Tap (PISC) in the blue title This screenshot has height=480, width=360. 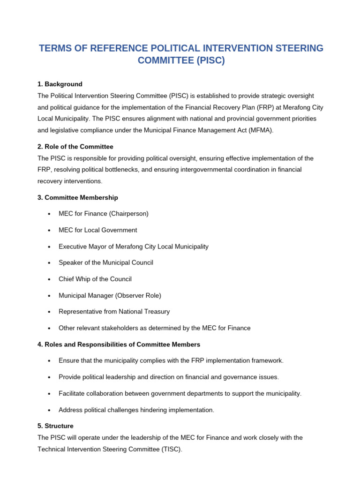click(x=208, y=60)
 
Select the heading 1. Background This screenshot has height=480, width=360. click(x=60, y=84)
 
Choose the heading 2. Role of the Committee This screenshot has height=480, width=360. click(x=75, y=147)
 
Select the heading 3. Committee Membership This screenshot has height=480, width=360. click(x=78, y=198)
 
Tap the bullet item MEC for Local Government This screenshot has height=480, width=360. click(x=97, y=230)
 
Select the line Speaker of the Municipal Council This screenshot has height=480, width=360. click(x=105, y=263)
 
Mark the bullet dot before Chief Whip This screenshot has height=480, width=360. click(x=49, y=279)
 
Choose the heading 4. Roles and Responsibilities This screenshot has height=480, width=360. click(x=119, y=345)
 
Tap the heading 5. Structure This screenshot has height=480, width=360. click(x=55, y=426)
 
